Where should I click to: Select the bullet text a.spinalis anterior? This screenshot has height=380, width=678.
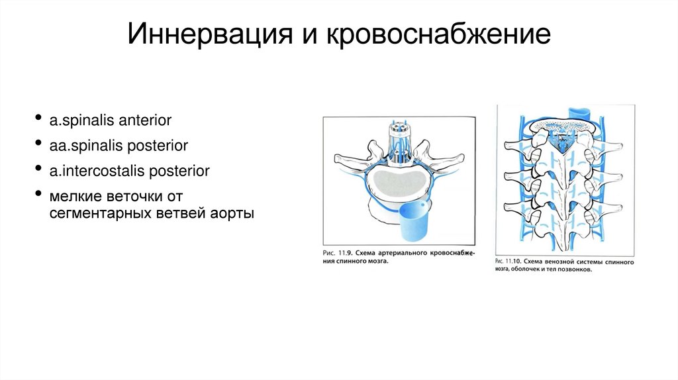click(x=111, y=120)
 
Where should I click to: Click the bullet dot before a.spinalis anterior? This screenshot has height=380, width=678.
click(x=41, y=120)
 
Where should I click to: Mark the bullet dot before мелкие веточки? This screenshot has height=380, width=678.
click(x=41, y=195)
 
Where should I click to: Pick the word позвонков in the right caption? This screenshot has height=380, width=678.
click(x=577, y=271)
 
